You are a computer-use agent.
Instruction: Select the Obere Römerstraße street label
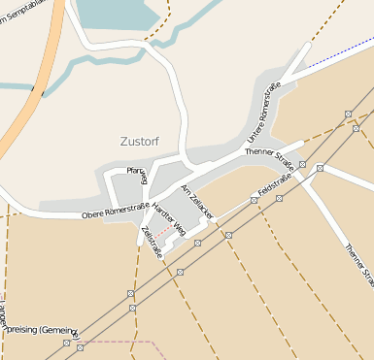115,210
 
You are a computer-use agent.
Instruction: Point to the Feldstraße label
275,181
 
